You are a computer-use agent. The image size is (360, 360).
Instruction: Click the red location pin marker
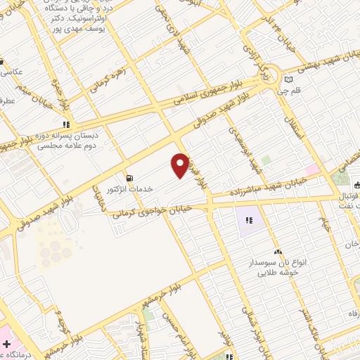point(180,165)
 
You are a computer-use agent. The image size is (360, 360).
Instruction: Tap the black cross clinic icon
point(6,345)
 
